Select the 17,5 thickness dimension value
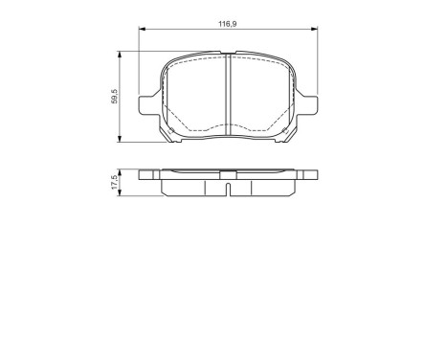114,183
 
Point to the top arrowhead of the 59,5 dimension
120,56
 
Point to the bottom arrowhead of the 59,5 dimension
120,141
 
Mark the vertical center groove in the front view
228,91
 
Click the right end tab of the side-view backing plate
310,175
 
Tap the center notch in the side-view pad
228,174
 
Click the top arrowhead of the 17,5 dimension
120,173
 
